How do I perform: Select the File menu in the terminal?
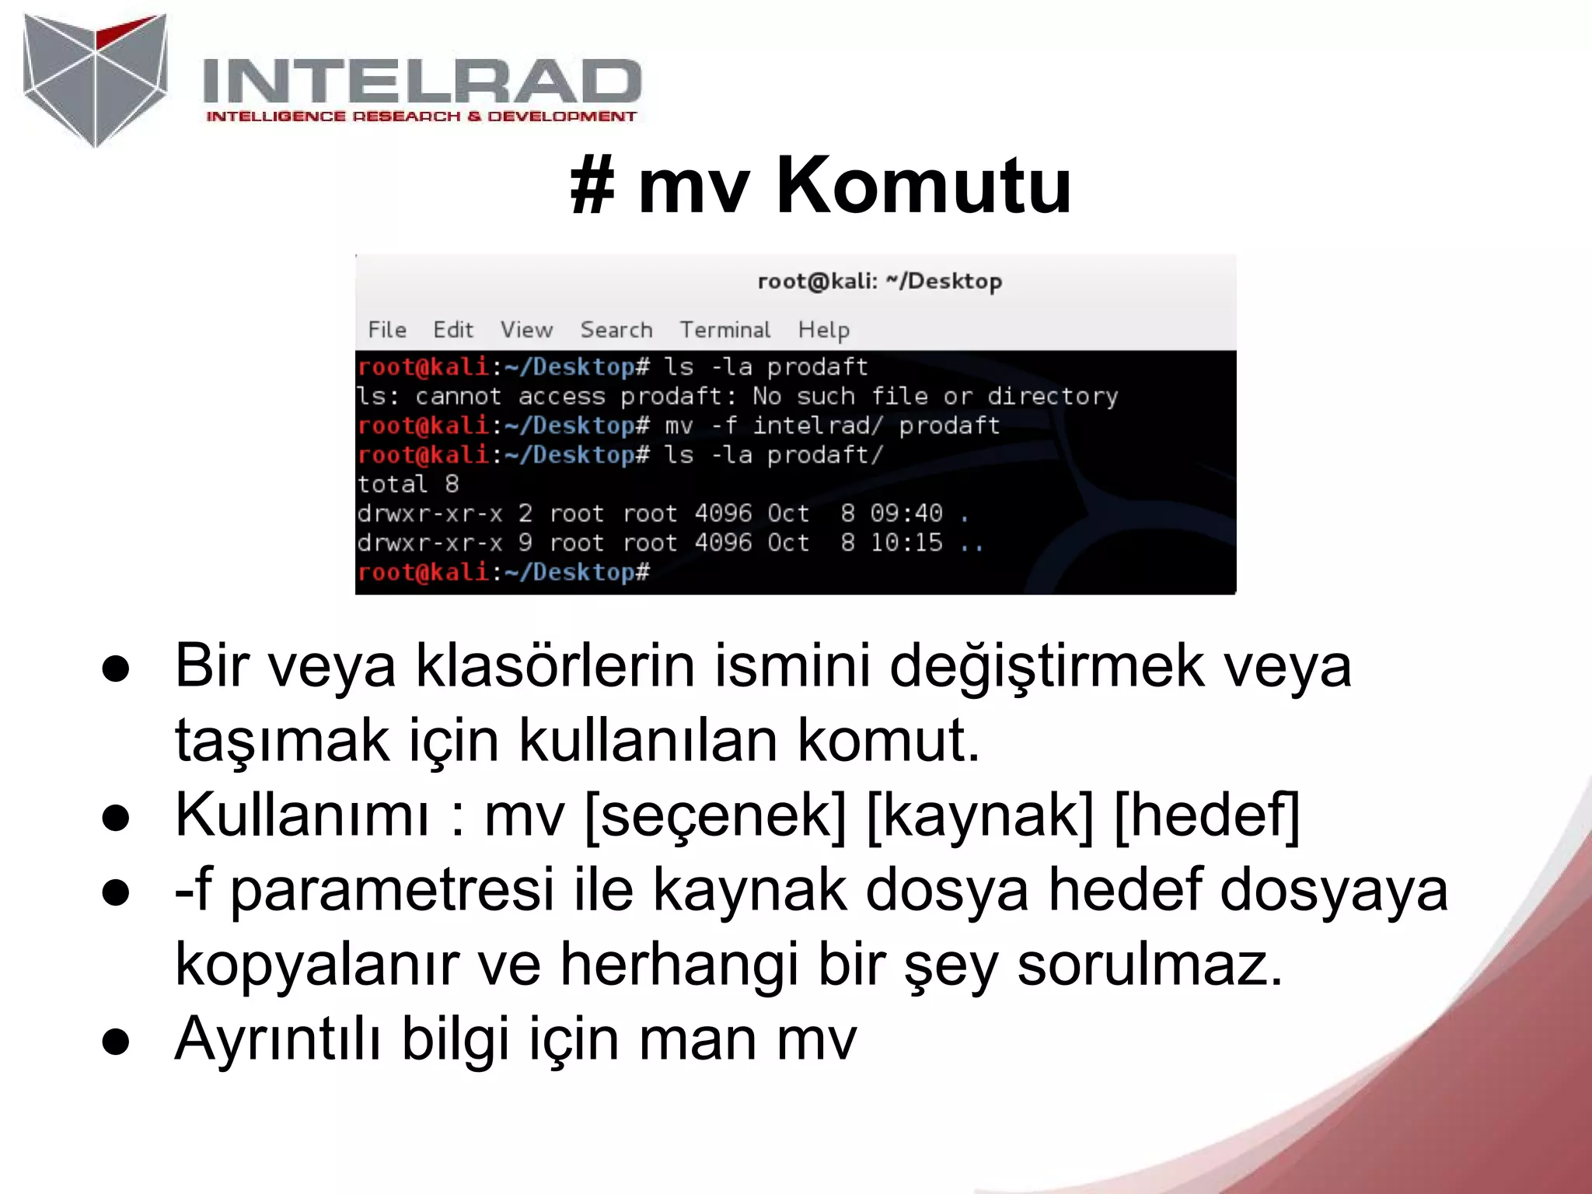pyautogui.click(x=387, y=330)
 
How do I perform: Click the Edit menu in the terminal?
pyautogui.click(x=453, y=330)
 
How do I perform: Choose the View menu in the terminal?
pyautogui.click(x=526, y=330)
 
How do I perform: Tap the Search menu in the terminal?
pyautogui.click(x=616, y=330)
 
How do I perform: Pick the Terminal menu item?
pyautogui.click(x=725, y=330)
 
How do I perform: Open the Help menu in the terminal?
pyautogui.click(x=823, y=330)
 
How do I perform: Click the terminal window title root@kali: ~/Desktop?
pyautogui.click(x=879, y=281)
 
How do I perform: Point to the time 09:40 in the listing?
pyautogui.click(x=906, y=513)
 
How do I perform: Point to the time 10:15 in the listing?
pyautogui.click(x=906, y=543)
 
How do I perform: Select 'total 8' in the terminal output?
pyautogui.click(x=408, y=484)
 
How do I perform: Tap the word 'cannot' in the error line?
pyautogui.click(x=458, y=396)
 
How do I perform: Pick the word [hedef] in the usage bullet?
pyautogui.click(x=1206, y=815)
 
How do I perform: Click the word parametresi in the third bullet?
pyautogui.click(x=393, y=890)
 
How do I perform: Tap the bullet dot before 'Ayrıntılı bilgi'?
pyautogui.click(x=116, y=1041)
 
